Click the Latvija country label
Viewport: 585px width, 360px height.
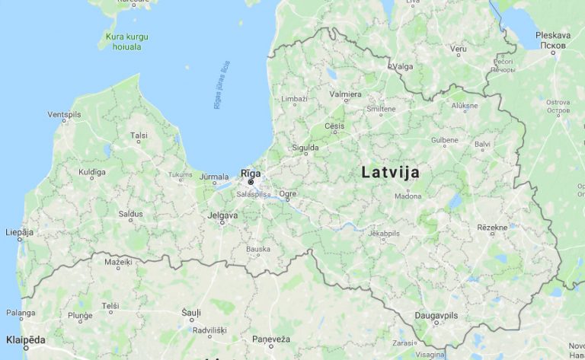[x=390, y=172]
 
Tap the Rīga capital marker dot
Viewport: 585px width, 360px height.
[x=251, y=183]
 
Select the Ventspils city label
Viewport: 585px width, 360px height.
[x=64, y=114]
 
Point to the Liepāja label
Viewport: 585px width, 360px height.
[x=20, y=231]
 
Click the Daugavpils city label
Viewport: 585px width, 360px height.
[x=436, y=315]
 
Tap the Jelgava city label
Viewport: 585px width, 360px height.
[x=222, y=215]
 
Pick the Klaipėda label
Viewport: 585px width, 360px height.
[x=25, y=339]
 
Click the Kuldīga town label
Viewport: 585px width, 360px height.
[x=92, y=172]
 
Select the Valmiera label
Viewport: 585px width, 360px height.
[x=345, y=94]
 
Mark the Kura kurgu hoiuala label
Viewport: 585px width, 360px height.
[x=127, y=40]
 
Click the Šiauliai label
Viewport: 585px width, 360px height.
[x=191, y=312]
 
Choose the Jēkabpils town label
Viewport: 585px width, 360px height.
[x=383, y=233]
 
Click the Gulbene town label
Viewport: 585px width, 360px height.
[x=445, y=140]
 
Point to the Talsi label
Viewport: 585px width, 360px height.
[x=139, y=135]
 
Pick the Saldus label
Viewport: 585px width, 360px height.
[x=130, y=214]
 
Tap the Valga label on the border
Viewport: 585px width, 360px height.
[x=403, y=66]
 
